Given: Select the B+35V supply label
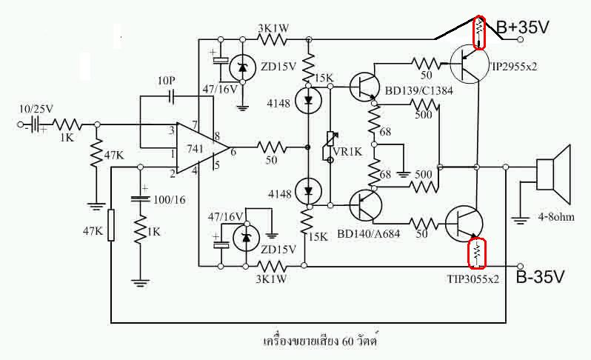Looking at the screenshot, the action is (x=523, y=27).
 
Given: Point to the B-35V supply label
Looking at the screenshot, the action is (x=540, y=277).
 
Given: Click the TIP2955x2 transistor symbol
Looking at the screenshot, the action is (x=469, y=64).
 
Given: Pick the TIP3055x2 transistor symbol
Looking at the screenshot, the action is (x=464, y=224).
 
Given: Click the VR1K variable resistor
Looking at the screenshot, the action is (x=330, y=146).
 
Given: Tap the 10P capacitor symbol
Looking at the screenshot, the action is (x=172, y=96).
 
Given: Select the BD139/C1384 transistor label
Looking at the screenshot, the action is (x=418, y=91).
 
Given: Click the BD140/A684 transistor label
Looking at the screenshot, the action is (x=368, y=234).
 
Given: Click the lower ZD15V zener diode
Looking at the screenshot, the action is (x=246, y=238).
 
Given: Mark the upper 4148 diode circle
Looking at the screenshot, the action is (x=308, y=100).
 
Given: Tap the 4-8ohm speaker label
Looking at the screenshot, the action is (x=556, y=217).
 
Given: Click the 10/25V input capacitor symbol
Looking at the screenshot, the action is (x=35, y=124).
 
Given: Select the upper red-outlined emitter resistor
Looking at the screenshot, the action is (x=479, y=32).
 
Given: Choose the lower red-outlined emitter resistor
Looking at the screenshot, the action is (x=477, y=253).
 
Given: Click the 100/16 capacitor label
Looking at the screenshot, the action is (x=170, y=200).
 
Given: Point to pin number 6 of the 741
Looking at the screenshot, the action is (x=233, y=153).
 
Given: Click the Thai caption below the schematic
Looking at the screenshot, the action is (x=321, y=341).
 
